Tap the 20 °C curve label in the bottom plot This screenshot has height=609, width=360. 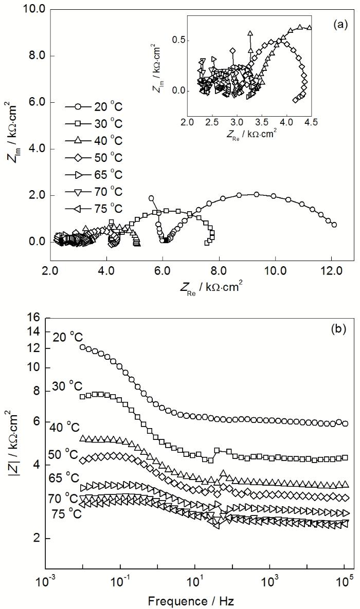click(x=67, y=337)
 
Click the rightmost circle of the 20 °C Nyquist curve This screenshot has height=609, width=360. click(x=334, y=225)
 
